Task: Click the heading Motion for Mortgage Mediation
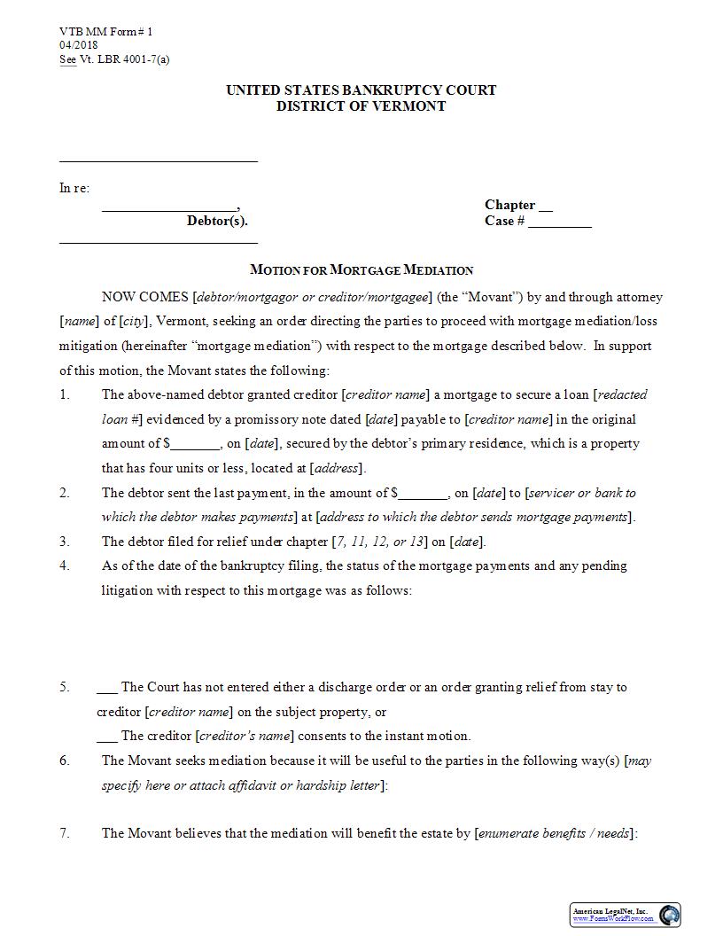click(361, 270)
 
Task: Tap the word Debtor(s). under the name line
click(217, 222)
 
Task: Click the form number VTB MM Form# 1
click(106, 32)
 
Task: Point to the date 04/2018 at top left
click(79, 45)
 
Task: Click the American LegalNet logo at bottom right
click(626, 915)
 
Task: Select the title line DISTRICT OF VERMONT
click(361, 106)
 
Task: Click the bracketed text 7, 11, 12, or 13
click(379, 542)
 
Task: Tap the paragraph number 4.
click(65, 565)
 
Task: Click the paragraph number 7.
click(65, 833)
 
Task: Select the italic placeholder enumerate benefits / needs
click(556, 833)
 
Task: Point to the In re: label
click(74, 188)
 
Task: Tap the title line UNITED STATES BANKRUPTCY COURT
click(361, 90)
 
